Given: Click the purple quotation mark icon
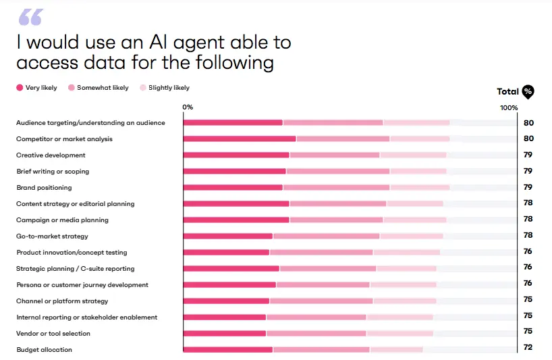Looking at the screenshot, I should pos(30,18).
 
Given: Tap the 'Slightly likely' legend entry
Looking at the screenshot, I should pos(164,88).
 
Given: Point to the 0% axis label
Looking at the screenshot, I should pos(188,108).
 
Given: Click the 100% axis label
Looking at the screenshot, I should pos(509,108).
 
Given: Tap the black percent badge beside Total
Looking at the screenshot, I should pos(528,92).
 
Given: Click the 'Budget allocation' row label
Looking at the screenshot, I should pos(44,350).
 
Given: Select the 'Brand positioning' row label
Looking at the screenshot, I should pos(44,188).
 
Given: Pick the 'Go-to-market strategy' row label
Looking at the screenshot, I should pos(52,236).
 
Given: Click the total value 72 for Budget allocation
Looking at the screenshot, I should pos(528,348).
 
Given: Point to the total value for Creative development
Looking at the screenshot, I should pos(528,155).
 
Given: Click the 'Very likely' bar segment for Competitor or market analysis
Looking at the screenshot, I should pos(240,139).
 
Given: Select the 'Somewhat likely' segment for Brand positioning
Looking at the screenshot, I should pos(336,188).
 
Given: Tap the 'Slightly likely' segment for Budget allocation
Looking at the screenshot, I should pos(396,350).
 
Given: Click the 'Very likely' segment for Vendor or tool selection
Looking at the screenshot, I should pos(225,334).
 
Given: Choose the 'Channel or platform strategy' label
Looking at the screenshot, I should pos(62,301).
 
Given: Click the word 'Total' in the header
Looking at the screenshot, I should pos(507,92).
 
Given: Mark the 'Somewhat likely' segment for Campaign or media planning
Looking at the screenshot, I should pos(336,220).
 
